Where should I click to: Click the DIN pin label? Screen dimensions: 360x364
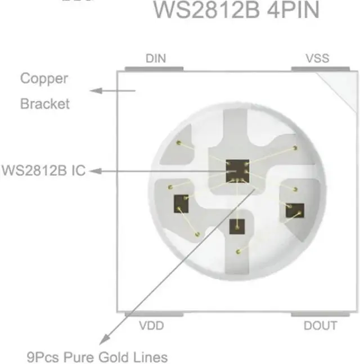point(156,59)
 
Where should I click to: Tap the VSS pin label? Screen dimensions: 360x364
point(317,59)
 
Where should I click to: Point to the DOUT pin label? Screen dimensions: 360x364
point(320,325)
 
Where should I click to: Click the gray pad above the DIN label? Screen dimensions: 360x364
point(154,69)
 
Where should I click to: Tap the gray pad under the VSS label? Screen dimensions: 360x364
point(317,69)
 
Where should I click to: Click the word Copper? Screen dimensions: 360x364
point(44,79)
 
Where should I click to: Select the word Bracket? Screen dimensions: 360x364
point(45,104)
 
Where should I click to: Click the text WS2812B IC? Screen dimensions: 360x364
point(43,170)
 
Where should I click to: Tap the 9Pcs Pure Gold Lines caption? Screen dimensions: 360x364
point(97,357)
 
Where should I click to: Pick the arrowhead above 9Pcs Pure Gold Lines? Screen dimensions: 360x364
point(102,340)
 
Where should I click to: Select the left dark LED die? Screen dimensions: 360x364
point(181,202)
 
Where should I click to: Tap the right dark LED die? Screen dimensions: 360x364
point(294,210)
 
